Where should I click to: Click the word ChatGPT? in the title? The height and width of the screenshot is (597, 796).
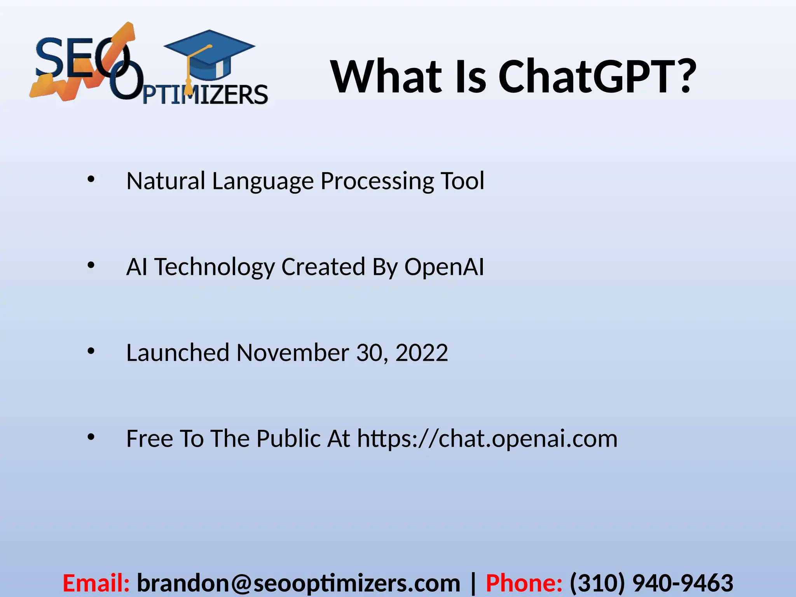coord(597,77)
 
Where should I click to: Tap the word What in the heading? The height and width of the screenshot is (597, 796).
coord(387,77)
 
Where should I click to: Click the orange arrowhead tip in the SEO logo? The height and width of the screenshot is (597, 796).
coord(128,31)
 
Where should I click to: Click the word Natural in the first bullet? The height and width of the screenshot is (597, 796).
coord(166,181)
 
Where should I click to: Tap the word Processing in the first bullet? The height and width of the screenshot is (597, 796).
coord(377,181)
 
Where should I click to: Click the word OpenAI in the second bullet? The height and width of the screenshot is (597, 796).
coord(444,267)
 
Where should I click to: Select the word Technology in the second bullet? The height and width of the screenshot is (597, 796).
coord(215,267)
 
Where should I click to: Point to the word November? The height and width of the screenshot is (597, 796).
coord(292,353)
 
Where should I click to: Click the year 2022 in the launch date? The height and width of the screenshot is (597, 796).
coord(421,353)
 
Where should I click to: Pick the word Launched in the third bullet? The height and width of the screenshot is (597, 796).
coord(178,353)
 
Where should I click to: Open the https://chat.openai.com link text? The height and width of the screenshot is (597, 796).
coord(487,439)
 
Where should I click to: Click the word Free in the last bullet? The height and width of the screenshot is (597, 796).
coord(150,439)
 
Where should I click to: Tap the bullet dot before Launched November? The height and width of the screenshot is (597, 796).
coord(91,351)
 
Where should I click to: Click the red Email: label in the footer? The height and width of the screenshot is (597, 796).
coord(96,583)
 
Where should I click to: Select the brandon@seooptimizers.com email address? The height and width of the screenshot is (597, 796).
coord(298,583)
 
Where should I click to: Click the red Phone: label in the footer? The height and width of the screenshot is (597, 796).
coord(524,583)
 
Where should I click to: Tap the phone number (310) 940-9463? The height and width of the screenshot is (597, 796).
coord(651,583)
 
